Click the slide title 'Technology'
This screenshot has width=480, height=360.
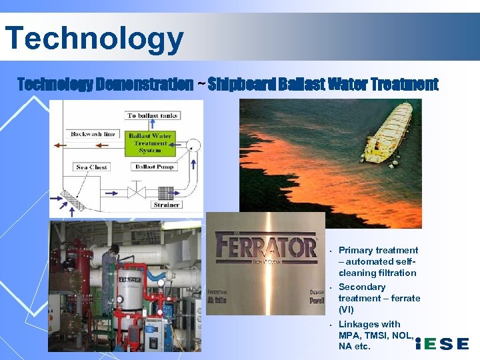click(x=93, y=38)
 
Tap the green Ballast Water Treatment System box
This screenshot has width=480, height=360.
click(x=150, y=142)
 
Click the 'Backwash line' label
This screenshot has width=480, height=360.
click(x=93, y=134)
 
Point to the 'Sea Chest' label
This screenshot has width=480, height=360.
click(x=92, y=167)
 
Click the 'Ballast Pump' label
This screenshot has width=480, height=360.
click(x=154, y=167)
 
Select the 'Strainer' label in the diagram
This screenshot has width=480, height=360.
click(x=166, y=205)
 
